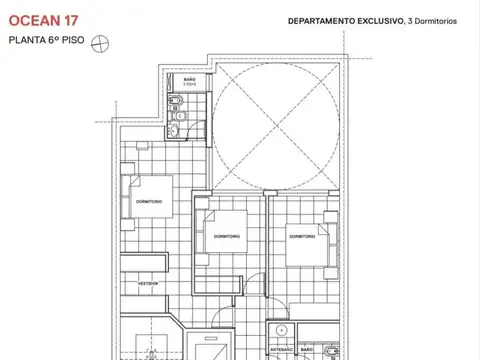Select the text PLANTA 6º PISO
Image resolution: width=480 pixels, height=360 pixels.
tap(46, 42)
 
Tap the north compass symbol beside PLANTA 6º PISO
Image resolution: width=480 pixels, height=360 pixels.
tap(99, 42)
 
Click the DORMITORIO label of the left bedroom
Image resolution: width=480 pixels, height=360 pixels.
tap(149, 203)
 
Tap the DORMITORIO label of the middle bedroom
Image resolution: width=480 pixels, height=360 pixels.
tap(226, 236)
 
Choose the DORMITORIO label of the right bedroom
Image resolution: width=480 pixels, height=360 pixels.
tap(302, 236)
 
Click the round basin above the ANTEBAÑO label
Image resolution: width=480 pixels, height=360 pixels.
tap(283, 331)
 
